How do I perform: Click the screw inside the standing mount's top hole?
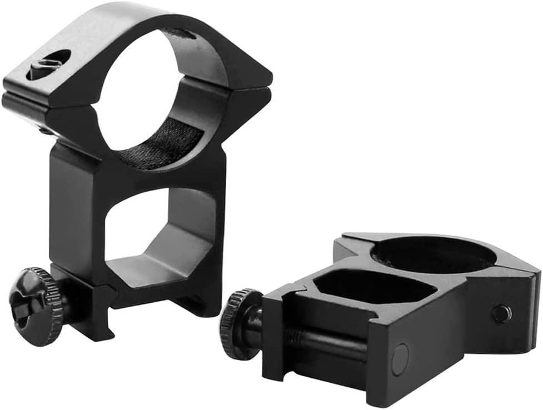point(49,65)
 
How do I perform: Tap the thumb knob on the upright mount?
point(35,306)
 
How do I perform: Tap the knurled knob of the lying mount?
point(238,324)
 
